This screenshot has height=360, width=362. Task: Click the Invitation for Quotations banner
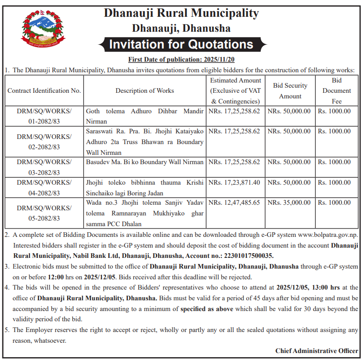[x=181, y=45]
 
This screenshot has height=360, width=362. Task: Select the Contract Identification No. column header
[x=44, y=90]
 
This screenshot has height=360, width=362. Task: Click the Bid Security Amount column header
[x=290, y=91]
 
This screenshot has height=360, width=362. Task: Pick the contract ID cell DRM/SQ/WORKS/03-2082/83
[x=44, y=167]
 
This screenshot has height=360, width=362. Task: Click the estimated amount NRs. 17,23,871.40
[x=235, y=182]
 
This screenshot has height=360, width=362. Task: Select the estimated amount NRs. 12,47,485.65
[x=235, y=203]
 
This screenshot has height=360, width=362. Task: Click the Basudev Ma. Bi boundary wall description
[x=145, y=162]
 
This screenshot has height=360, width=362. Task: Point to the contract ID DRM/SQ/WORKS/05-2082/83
[x=44, y=213]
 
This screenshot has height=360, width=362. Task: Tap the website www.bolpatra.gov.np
[x=327, y=235]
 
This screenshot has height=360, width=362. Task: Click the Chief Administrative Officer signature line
[x=316, y=351]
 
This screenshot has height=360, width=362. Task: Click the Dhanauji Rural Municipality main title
[x=181, y=13]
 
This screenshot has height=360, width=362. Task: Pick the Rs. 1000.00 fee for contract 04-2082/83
[x=334, y=182]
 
